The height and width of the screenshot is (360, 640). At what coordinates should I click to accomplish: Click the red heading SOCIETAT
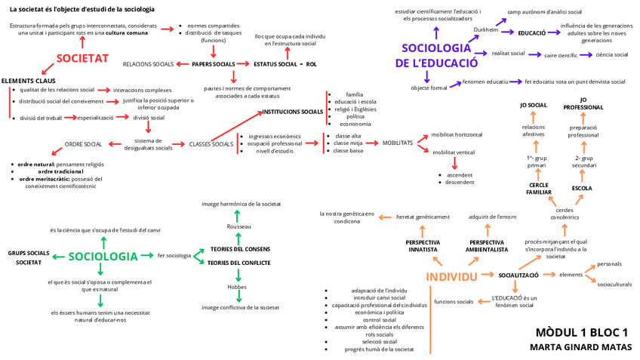coord(82,58)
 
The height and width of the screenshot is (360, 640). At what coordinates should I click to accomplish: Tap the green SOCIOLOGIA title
coord(103,257)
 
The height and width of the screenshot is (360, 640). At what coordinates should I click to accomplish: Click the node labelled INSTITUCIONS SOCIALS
coord(292,112)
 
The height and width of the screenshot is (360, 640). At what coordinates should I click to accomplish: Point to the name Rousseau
coord(238,226)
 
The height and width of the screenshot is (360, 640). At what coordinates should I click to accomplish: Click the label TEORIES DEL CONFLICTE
coord(238,263)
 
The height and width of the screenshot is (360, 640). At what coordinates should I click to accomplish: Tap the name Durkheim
coord(486,29)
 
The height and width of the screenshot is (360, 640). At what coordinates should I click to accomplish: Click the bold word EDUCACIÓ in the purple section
coord(532,33)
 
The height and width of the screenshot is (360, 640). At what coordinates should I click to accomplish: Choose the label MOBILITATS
coord(397,143)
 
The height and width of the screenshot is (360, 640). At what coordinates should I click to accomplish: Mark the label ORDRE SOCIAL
coord(83,144)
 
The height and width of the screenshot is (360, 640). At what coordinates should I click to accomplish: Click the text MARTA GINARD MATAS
coord(580,347)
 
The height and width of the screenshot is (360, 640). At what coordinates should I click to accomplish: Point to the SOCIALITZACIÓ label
coord(518,275)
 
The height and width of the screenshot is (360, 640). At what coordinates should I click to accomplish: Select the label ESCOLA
coord(582,187)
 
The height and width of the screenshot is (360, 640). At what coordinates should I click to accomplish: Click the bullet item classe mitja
coord(349,143)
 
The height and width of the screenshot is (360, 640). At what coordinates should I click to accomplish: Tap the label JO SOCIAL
coord(534,105)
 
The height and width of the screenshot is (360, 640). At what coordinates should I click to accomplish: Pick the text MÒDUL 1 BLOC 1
coord(581,332)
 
